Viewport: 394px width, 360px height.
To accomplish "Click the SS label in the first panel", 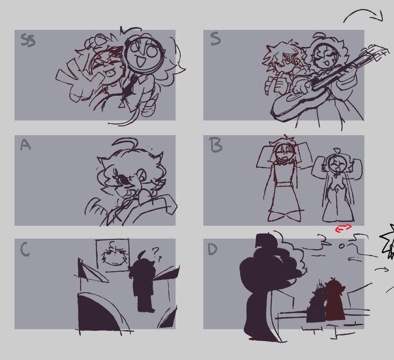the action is [28, 40].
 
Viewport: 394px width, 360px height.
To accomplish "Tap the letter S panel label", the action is [215, 39].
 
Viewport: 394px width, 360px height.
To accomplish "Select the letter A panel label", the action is [25, 145].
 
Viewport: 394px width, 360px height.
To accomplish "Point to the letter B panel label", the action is [216, 145].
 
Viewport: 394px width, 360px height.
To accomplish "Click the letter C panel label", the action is [25, 250].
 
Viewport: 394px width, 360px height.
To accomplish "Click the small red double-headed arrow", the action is [344, 228].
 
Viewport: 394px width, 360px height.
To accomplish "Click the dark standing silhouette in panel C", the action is [142, 282].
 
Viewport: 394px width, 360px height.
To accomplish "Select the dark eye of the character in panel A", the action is [124, 179].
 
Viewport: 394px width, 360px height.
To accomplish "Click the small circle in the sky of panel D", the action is [341, 246].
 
